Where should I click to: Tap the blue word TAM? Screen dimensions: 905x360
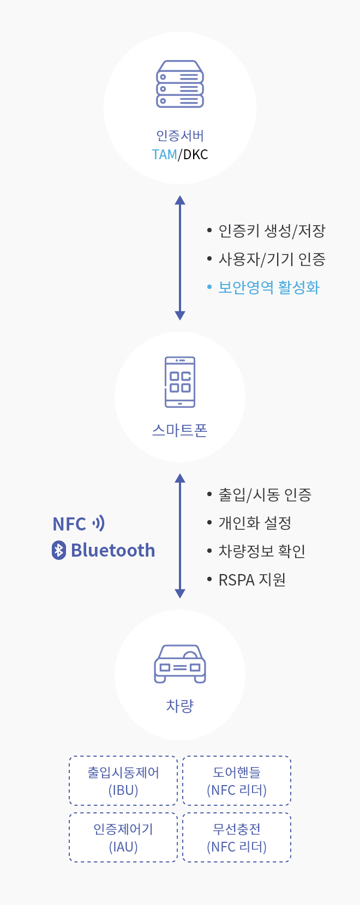[164, 155]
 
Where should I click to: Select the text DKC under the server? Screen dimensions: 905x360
[195, 155]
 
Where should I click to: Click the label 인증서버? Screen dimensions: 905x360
[180, 136]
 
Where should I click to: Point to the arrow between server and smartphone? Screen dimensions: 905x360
[180, 257]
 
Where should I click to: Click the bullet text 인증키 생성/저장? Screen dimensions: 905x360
[272, 231]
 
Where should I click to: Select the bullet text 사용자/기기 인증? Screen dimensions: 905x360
[272, 260]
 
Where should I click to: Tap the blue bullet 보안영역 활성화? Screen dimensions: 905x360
[268, 288]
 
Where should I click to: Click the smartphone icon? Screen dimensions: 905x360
[180, 382]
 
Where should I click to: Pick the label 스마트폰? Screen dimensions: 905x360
[180, 431]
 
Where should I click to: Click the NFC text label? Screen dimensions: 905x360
[69, 524]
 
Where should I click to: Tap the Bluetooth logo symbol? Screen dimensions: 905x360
[59, 550]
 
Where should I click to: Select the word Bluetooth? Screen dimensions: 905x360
[113, 551]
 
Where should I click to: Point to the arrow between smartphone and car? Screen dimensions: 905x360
[180, 536]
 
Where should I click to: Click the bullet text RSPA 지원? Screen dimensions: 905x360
[252, 580]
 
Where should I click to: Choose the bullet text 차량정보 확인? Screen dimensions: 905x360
[262, 552]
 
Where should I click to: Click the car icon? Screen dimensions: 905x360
[180, 663]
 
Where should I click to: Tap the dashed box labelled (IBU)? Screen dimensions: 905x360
[123, 781]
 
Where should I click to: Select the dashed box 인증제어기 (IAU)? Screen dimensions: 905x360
[123, 837]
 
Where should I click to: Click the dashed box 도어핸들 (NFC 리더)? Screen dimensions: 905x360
[237, 781]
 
